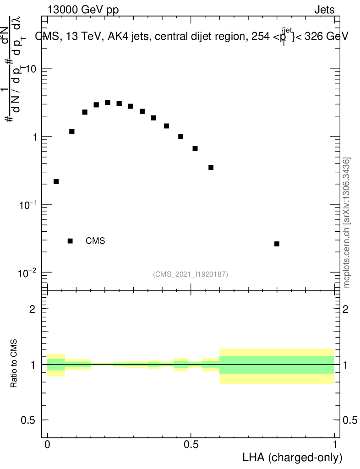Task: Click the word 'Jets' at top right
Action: (x=324, y=10)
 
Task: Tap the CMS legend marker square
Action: (x=70, y=241)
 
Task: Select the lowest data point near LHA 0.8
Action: (x=277, y=244)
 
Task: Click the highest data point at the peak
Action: (x=108, y=103)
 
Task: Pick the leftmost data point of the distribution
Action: (x=56, y=182)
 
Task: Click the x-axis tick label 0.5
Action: (x=191, y=445)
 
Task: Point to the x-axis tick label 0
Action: (x=48, y=445)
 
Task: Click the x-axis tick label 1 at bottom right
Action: (x=334, y=445)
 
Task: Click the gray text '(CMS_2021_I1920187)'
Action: (x=191, y=274)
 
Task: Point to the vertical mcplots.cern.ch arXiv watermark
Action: (x=347, y=223)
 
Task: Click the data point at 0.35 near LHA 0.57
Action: (x=211, y=167)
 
